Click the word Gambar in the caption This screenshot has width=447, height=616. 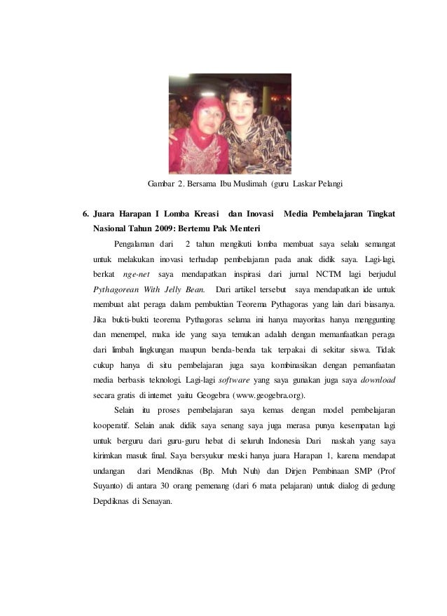[x=160, y=184]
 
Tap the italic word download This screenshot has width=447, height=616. [x=378, y=380]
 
